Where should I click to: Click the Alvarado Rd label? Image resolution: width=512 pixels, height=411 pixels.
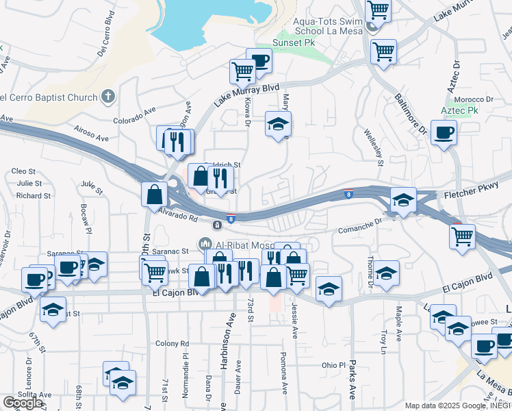click(179, 212)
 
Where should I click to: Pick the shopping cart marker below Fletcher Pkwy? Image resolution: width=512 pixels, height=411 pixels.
click(463, 237)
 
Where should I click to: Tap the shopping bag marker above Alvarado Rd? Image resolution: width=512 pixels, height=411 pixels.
click(154, 194)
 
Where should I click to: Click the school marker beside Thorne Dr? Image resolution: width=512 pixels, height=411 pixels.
click(387, 273)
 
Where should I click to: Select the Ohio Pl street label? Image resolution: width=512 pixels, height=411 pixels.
click(335, 365)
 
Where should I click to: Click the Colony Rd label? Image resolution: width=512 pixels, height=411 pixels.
click(171, 343)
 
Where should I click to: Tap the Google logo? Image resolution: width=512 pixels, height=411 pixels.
click(23, 403)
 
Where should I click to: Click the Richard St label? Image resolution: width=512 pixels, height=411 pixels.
click(33, 196)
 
